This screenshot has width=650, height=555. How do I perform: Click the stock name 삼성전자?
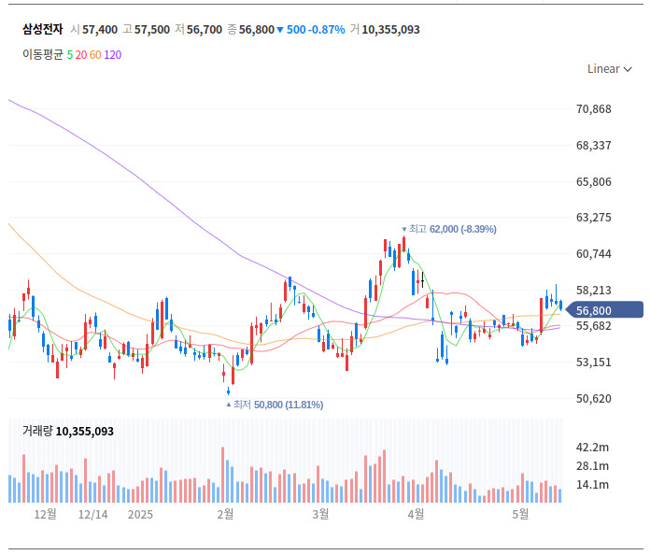(x=42, y=30)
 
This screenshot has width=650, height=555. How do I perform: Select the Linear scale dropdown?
(x=609, y=68)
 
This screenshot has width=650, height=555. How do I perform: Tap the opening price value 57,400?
(x=100, y=30)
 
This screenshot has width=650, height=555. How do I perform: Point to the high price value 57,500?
(x=152, y=30)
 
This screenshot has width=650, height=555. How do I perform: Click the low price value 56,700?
(x=205, y=30)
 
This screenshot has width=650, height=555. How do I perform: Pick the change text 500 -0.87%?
(x=316, y=30)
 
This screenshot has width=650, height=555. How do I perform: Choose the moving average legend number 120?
(x=112, y=54)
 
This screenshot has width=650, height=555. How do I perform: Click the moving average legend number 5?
(x=70, y=54)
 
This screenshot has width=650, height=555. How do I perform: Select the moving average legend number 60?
(x=95, y=54)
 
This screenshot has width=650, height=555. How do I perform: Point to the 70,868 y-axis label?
(x=594, y=109)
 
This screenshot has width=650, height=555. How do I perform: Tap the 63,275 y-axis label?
(x=594, y=218)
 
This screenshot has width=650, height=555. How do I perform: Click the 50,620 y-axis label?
(x=594, y=399)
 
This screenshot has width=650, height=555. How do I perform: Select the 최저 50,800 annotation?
(x=277, y=405)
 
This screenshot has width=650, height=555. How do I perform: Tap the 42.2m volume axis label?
(x=593, y=448)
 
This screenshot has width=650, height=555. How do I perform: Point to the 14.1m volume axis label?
(x=593, y=485)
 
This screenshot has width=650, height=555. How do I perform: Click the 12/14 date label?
(x=93, y=515)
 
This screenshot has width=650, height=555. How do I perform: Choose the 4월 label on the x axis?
(x=417, y=515)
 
